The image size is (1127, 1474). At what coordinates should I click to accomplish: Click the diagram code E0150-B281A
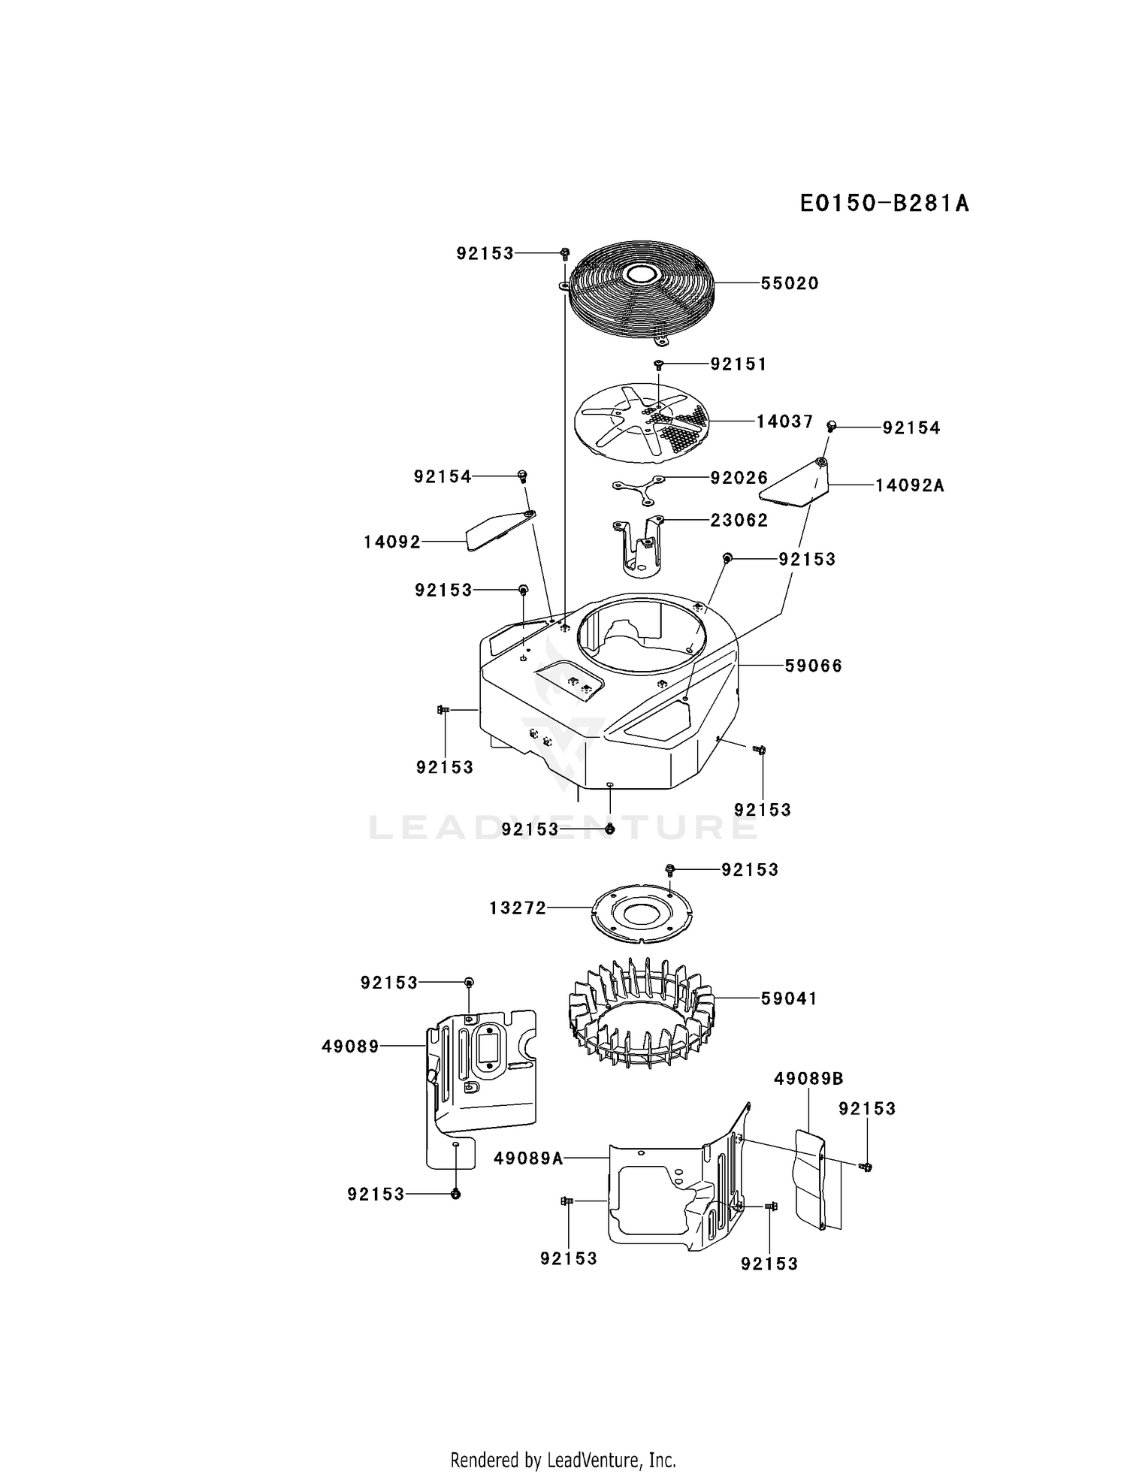click(884, 203)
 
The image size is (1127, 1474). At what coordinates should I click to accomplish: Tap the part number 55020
click(790, 283)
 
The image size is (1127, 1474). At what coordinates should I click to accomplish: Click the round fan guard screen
click(640, 293)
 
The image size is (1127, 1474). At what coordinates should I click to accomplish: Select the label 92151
click(739, 364)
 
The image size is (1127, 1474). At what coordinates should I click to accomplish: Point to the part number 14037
click(784, 421)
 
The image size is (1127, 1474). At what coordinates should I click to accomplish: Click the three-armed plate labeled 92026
click(639, 487)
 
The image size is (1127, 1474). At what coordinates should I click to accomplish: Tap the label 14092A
click(910, 485)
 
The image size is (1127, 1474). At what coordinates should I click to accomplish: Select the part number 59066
click(814, 666)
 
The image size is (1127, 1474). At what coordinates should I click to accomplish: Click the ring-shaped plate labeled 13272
click(640, 913)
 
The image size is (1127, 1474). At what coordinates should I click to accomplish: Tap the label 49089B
click(808, 1079)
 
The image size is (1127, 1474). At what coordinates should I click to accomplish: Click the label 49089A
click(528, 1158)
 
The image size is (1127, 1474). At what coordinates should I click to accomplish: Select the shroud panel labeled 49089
click(481, 1088)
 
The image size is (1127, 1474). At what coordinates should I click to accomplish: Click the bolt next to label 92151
click(658, 365)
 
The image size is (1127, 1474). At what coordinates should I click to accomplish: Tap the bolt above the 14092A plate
click(832, 426)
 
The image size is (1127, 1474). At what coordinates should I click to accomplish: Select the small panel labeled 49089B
click(810, 1180)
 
